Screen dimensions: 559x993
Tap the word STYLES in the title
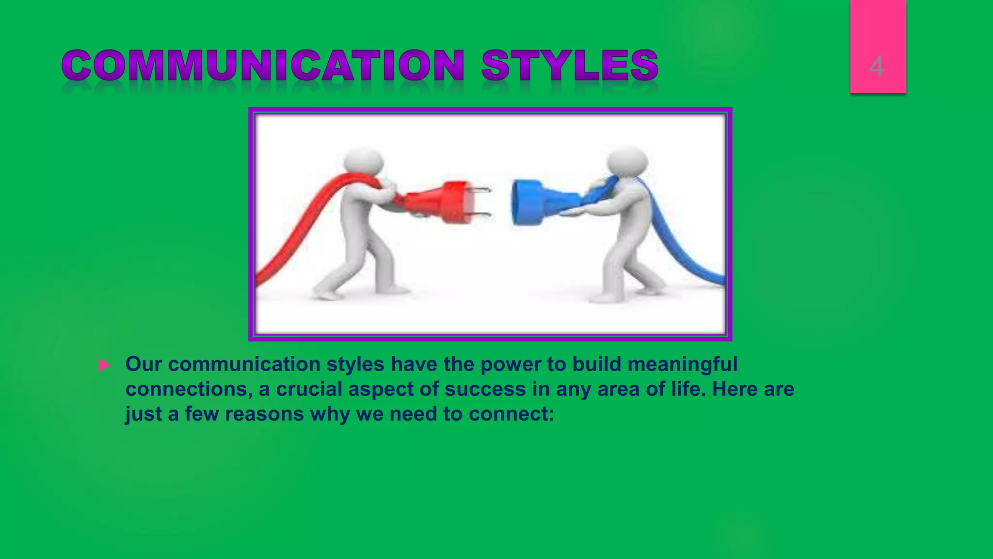click(x=570, y=66)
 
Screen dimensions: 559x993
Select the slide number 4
click(x=877, y=66)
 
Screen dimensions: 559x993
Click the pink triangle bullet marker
click(x=104, y=365)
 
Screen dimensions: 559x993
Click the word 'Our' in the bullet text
click(x=144, y=364)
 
